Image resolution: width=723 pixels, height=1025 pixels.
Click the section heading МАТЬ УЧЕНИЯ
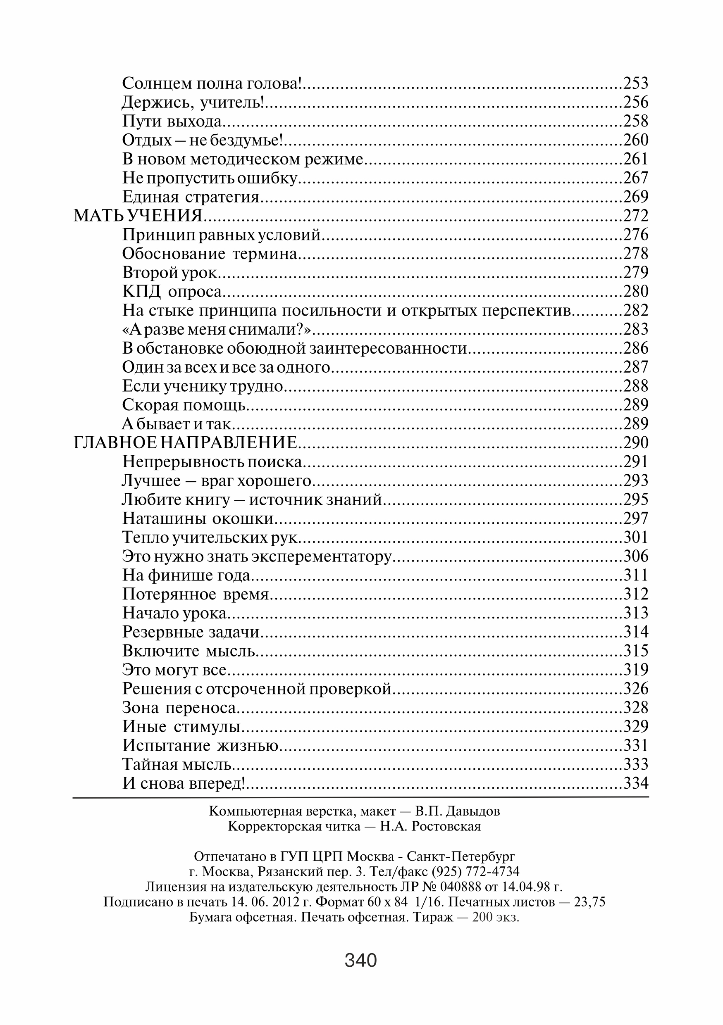138,216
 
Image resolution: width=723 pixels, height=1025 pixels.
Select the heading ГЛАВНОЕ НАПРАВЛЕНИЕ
185,443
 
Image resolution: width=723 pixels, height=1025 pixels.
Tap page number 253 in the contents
635,83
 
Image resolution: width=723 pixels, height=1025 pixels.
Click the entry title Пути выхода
172,121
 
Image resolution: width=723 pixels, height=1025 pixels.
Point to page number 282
635,310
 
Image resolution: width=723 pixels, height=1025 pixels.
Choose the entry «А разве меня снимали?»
216,329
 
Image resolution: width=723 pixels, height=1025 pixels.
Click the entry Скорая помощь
184,405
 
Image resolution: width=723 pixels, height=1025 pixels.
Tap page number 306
635,556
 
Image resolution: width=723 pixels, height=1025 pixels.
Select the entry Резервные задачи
191,632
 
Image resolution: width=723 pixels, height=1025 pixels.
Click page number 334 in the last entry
635,783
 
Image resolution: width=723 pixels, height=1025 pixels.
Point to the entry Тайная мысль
177,764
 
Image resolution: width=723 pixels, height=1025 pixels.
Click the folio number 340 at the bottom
361,960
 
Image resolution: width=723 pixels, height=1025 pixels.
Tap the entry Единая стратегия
191,197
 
